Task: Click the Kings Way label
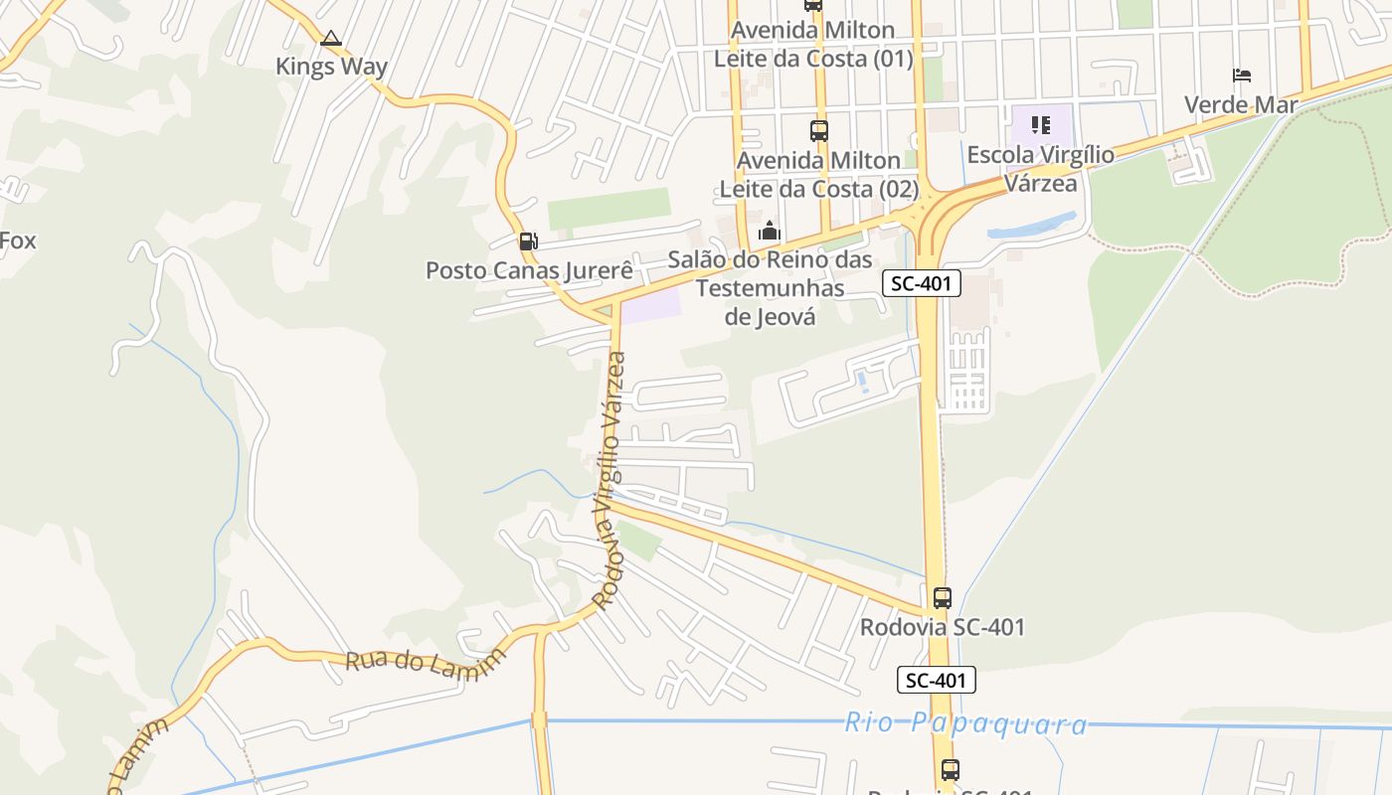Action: click(331, 67)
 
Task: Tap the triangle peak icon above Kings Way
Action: click(331, 39)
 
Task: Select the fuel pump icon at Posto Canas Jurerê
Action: click(528, 240)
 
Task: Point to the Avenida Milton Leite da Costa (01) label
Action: click(813, 45)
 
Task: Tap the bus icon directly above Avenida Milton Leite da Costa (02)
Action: click(818, 130)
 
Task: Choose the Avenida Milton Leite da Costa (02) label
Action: click(818, 174)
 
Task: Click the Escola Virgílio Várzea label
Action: click(1041, 169)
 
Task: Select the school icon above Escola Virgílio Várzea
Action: click(1041, 125)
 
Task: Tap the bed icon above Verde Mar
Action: click(1241, 76)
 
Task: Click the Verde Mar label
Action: click(1241, 104)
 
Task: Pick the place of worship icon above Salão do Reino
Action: click(770, 232)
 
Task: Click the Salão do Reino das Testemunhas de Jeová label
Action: click(770, 288)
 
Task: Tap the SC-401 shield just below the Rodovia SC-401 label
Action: click(936, 681)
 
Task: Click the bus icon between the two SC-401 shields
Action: click(942, 598)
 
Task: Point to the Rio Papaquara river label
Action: click(965, 723)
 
